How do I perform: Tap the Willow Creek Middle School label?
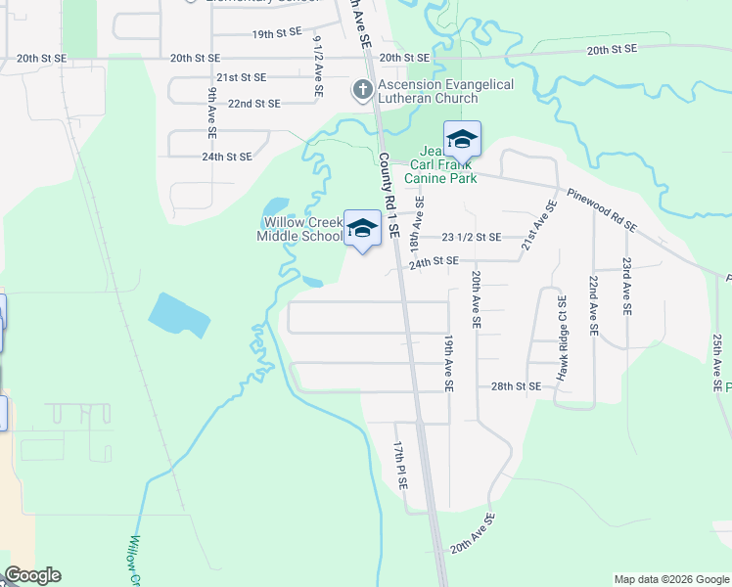(300, 228)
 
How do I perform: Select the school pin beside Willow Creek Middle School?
(362, 230)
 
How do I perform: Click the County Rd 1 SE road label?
(389, 197)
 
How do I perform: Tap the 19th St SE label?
(277, 34)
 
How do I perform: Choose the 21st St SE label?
(242, 77)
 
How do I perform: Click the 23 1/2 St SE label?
(472, 238)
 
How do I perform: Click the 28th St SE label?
(516, 387)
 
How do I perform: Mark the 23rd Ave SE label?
(625, 286)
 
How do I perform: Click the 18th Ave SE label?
(419, 221)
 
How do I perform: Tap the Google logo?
(32, 576)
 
